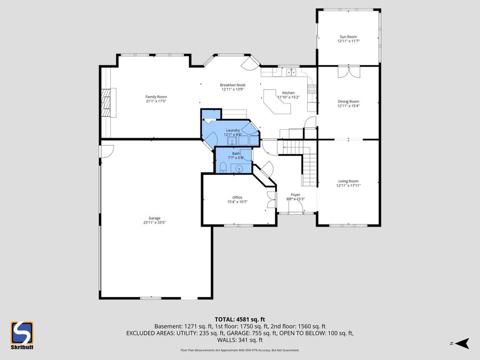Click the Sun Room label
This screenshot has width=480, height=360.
click(348, 37)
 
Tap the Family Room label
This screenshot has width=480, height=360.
click(156, 97)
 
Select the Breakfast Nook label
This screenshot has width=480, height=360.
click(233, 85)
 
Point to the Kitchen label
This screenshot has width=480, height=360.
click(288, 93)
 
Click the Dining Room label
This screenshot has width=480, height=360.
click(348, 101)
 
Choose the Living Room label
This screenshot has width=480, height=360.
click(348, 181)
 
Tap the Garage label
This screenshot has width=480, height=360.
click(154, 218)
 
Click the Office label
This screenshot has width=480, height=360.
click(237, 197)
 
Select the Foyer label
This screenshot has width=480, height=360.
click(295, 195)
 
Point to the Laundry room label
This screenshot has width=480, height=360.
click(233, 130)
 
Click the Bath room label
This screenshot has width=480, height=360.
click(236, 154)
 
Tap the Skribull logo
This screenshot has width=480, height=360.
click(22, 335)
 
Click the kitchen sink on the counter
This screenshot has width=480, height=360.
click(291, 72)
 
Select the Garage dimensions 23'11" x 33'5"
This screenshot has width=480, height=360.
click(154, 222)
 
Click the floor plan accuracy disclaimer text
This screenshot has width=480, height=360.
click(239, 350)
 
